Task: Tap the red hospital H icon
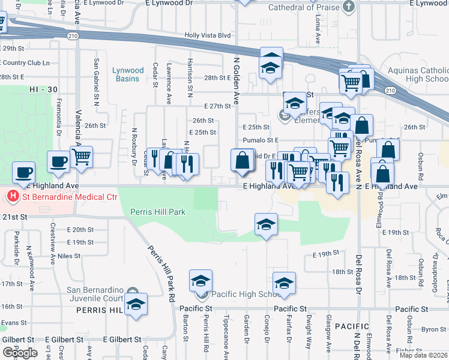[11, 197]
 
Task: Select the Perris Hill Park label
[158, 212]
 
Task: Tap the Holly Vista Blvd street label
[208, 35]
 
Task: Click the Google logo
[20, 353]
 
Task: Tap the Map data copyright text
[424, 355]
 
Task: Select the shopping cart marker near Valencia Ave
[81, 157]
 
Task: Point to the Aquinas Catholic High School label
[418, 74]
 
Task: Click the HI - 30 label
[43, 89]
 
